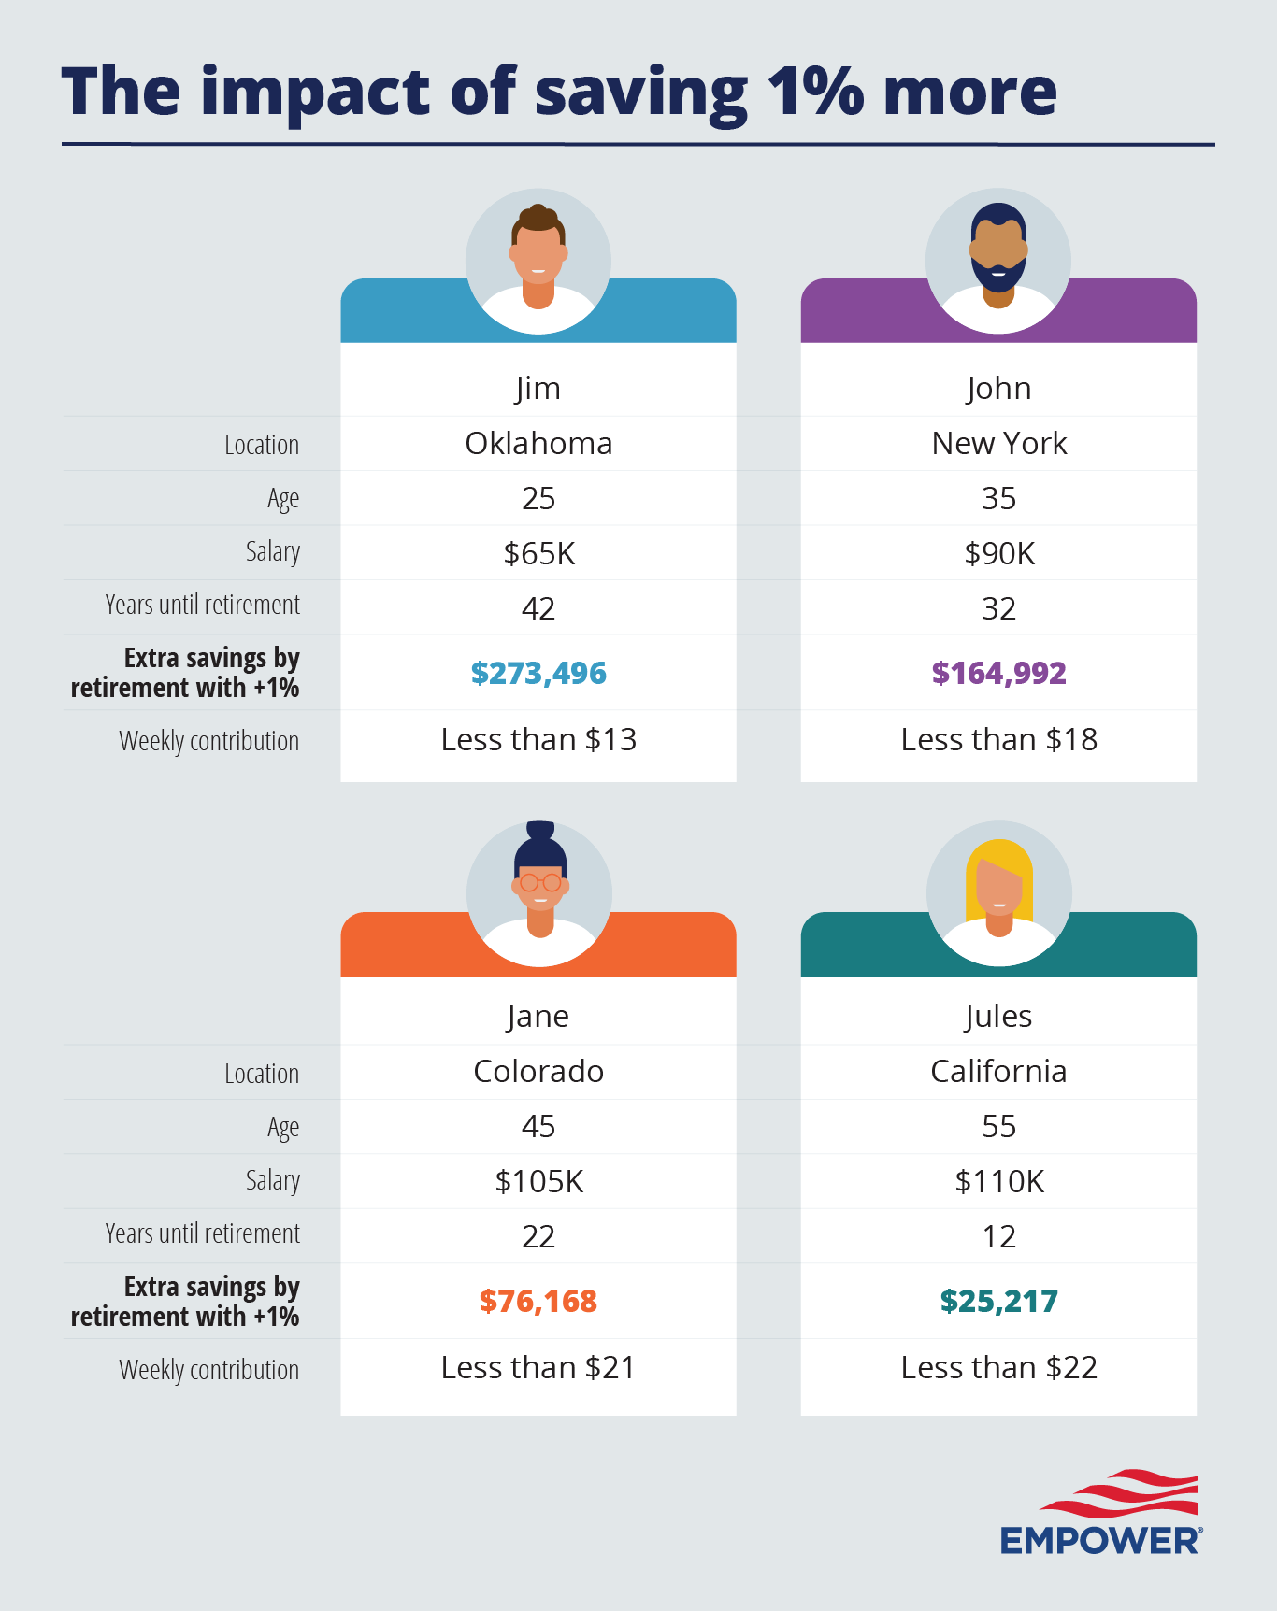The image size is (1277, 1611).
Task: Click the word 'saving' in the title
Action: pos(640,93)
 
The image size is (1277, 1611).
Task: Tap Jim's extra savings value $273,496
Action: pos(538,673)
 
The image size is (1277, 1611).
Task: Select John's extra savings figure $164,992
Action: pos(998,673)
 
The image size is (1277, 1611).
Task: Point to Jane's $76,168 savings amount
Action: pos(538,1301)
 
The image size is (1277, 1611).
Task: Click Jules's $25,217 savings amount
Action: pos(998,1301)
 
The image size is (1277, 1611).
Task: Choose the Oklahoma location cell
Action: pos(538,443)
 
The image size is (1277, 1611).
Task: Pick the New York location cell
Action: pos(998,443)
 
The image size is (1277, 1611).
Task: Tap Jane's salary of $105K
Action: pos(538,1181)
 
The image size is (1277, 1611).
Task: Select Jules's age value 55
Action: pos(998,1126)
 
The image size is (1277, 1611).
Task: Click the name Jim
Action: pos(538,388)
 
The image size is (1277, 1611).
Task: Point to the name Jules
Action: pos(998,1016)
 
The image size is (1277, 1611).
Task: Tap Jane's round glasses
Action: pos(540,882)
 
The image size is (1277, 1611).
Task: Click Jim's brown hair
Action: pos(538,219)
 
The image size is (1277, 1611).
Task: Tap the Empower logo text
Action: pos(1100,1540)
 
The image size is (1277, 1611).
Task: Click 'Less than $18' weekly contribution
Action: pos(998,740)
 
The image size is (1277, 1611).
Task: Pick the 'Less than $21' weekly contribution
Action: pos(538,1368)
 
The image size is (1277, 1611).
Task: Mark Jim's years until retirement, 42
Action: pos(538,608)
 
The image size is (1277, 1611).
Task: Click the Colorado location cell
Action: pos(538,1071)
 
